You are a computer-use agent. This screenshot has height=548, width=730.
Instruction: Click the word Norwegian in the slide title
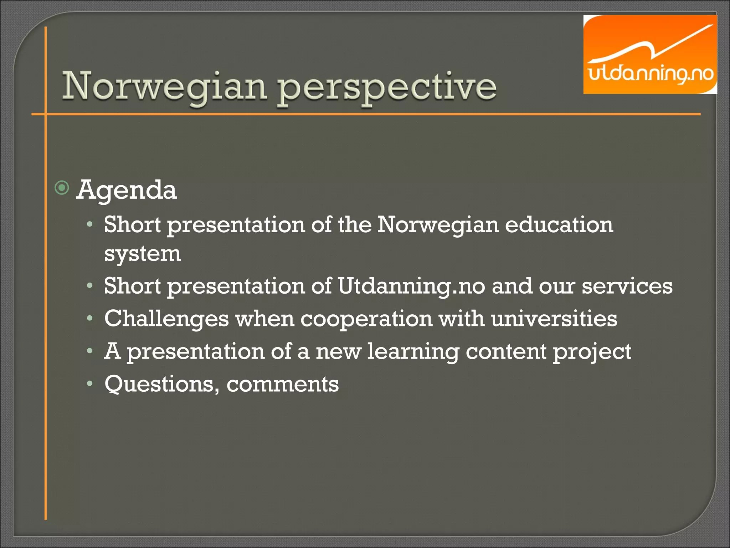pyautogui.click(x=164, y=86)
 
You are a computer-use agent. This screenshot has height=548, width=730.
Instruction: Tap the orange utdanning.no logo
pyautogui.click(x=650, y=55)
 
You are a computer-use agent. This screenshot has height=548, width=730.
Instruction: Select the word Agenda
pyautogui.click(x=127, y=190)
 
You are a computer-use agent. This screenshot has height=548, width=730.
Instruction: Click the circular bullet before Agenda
pyautogui.click(x=62, y=188)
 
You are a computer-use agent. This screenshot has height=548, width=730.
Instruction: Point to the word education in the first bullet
pyautogui.click(x=559, y=225)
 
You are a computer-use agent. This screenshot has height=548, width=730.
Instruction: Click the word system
pyautogui.click(x=143, y=254)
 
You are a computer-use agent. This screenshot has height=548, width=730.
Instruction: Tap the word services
pyautogui.click(x=627, y=286)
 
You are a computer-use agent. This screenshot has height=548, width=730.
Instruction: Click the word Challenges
pyautogui.click(x=166, y=318)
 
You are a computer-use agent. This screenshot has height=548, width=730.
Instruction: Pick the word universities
pyautogui.click(x=554, y=318)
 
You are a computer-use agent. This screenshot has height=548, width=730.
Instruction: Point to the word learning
pyautogui.click(x=413, y=352)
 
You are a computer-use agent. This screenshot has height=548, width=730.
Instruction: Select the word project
pyautogui.click(x=592, y=352)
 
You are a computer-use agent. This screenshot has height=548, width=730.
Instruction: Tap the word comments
pyautogui.click(x=282, y=384)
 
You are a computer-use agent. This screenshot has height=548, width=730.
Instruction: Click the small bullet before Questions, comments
pyautogui.click(x=90, y=384)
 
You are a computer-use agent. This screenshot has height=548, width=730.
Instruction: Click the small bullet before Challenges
pyautogui.click(x=90, y=318)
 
